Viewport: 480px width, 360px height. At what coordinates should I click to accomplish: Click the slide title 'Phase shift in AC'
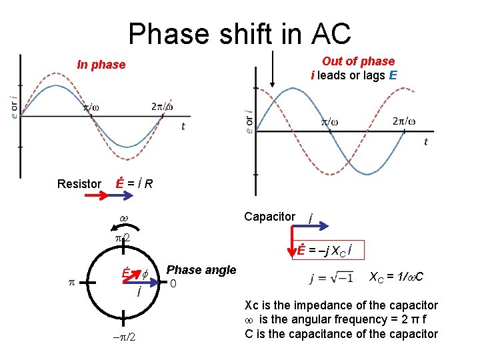pyautogui.click(x=239, y=33)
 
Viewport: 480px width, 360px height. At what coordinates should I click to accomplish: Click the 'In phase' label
pyautogui.click(x=101, y=65)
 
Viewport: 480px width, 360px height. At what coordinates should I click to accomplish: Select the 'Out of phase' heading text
pyautogui.click(x=358, y=61)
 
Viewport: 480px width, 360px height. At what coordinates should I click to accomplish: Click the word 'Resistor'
pyautogui.click(x=79, y=183)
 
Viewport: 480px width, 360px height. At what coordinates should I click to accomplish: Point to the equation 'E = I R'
pyautogui.click(x=133, y=183)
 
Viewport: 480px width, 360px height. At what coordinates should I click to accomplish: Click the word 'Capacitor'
pyautogui.click(x=269, y=217)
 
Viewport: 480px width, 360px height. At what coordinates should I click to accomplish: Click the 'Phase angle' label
pyautogui.click(x=201, y=270)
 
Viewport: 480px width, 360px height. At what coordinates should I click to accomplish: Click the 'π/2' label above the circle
pyautogui.click(x=120, y=238)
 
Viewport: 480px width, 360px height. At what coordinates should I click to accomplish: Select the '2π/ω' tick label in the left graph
pyautogui.click(x=163, y=107)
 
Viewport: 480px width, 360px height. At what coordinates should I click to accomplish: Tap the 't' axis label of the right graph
pyautogui.click(x=425, y=141)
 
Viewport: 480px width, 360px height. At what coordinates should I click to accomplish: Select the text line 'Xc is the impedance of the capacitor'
pyautogui.click(x=341, y=305)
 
